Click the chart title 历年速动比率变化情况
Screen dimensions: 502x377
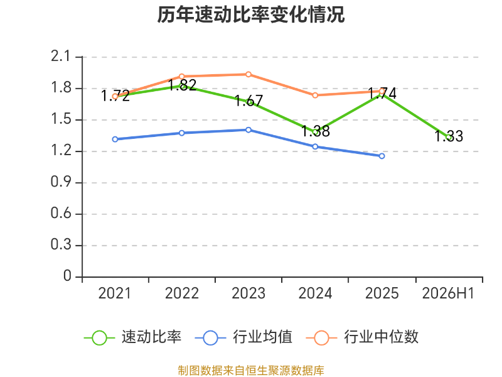pyautogui.click(x=250, y=14)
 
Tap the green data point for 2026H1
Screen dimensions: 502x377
pyautogui.click(x=449, y=137)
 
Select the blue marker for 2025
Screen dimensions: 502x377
pyautogui.click(x=382, y=156)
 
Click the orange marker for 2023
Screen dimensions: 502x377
pyautogui.click(x=248, y=74)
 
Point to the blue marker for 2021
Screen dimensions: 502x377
pyautogui.click(x=115, y=139)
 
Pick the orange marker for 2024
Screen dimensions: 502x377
pyautogui.click(x=315, y=96)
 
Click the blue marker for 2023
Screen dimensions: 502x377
pyautogui.click(x=248, y=130)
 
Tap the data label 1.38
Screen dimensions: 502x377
pyautogui.click(x=316, y=131)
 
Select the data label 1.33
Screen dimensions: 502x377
pyautogui.click(x=449, y=136)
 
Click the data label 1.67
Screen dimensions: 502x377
pyautogui.click(x=248, y=101)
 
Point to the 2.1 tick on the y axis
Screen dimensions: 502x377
pyautogui.click(x=60, y=57)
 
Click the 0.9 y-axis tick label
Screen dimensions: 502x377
pyautogui.click(x=60, y=182)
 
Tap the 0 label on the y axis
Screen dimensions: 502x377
pyautogui.click(x=67, y=276)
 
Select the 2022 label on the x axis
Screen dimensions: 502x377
pyautogui.click(x=182, y=293)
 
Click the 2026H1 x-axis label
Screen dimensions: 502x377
pyautogui.click(x=448, y=293)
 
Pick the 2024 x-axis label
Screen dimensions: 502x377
pyautogui.click(x=316, y=293)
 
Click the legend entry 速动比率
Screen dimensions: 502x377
pyautogui.click(x=132, y=337)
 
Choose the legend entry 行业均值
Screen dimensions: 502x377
pyautogui.click(x=243, y=337)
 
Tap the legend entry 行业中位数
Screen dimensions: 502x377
pyautogui.click(x=362, y=337)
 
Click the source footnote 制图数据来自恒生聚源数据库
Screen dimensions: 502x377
pyautogui.click(x=251, y=371)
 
